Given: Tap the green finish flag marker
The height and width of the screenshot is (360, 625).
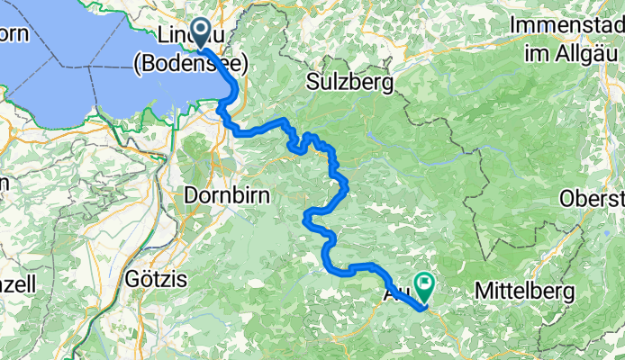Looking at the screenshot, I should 423,286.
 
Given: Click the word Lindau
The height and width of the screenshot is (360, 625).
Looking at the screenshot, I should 191,34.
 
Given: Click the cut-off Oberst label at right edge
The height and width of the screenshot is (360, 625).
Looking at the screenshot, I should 593,197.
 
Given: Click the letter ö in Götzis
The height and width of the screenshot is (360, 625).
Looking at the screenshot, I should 143,279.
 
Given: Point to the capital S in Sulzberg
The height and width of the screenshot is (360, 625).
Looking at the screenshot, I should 312,84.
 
